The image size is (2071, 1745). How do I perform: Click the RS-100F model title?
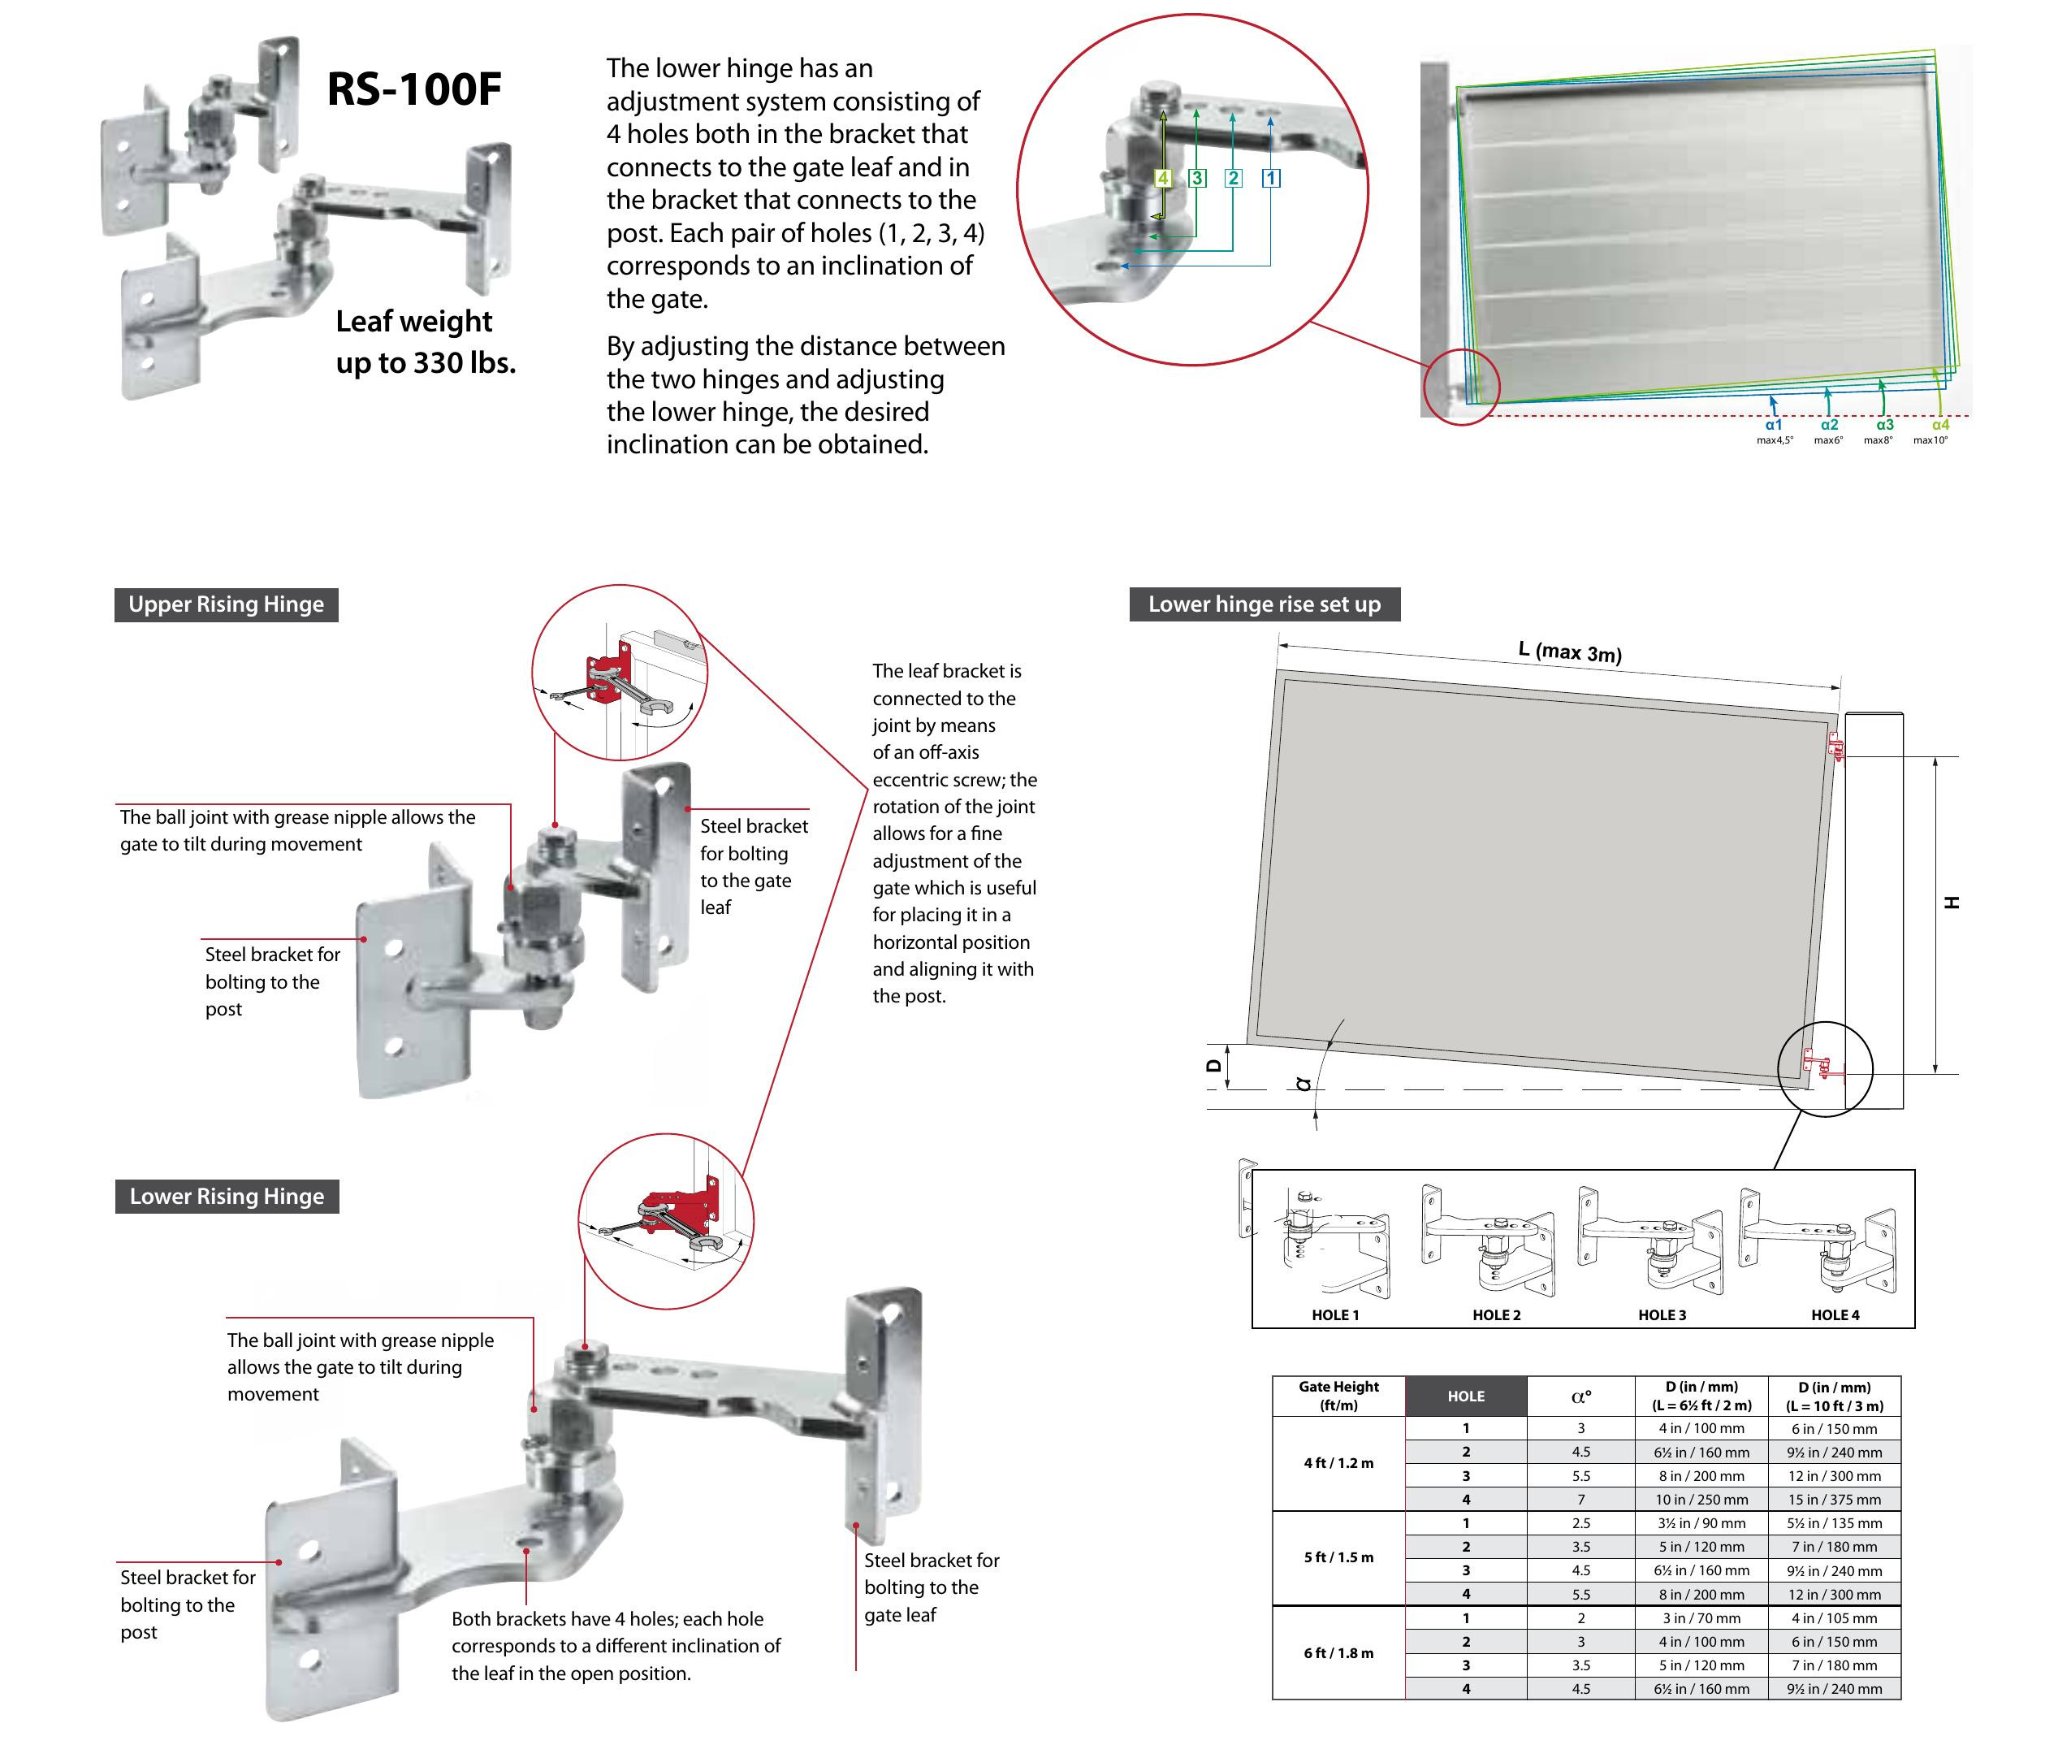[413, 89]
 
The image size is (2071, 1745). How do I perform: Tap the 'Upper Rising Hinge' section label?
[226, 604]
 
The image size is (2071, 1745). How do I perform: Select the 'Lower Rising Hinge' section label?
[227, 1196]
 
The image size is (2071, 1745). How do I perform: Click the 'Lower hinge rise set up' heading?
[1264, 604]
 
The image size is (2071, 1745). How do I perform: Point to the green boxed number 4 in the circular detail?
[1163, 178]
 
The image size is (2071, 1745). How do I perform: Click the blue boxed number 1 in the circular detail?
[1271, 178]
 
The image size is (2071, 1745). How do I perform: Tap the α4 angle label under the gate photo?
[1939, 424]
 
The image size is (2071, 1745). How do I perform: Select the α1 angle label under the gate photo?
[1773, 424]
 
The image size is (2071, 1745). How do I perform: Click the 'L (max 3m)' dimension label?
[1570, 651]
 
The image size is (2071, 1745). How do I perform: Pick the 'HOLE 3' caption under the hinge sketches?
[1662, 1314]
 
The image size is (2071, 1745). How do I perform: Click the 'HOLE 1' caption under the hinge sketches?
[1335, 1314]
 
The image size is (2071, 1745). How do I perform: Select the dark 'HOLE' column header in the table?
[1466, 1396]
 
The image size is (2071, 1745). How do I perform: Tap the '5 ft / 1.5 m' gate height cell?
[1338, 1557]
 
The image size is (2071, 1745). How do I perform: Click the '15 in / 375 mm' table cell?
[1834, 1500]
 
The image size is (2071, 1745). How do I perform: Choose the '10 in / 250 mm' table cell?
[1701, 1500]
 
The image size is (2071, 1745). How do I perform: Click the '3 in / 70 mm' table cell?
[1701, 1618]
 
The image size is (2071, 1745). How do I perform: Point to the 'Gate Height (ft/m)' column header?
[1338, 1396]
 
